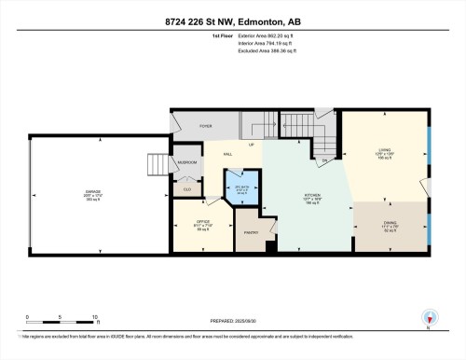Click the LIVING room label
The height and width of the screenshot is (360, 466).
pos(384,149)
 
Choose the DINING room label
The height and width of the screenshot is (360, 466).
pos(390,223)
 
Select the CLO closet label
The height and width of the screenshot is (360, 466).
pos(186,189)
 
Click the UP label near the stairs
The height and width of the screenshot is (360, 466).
pos(251,145)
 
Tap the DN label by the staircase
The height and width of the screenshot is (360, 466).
pos(325,160)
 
